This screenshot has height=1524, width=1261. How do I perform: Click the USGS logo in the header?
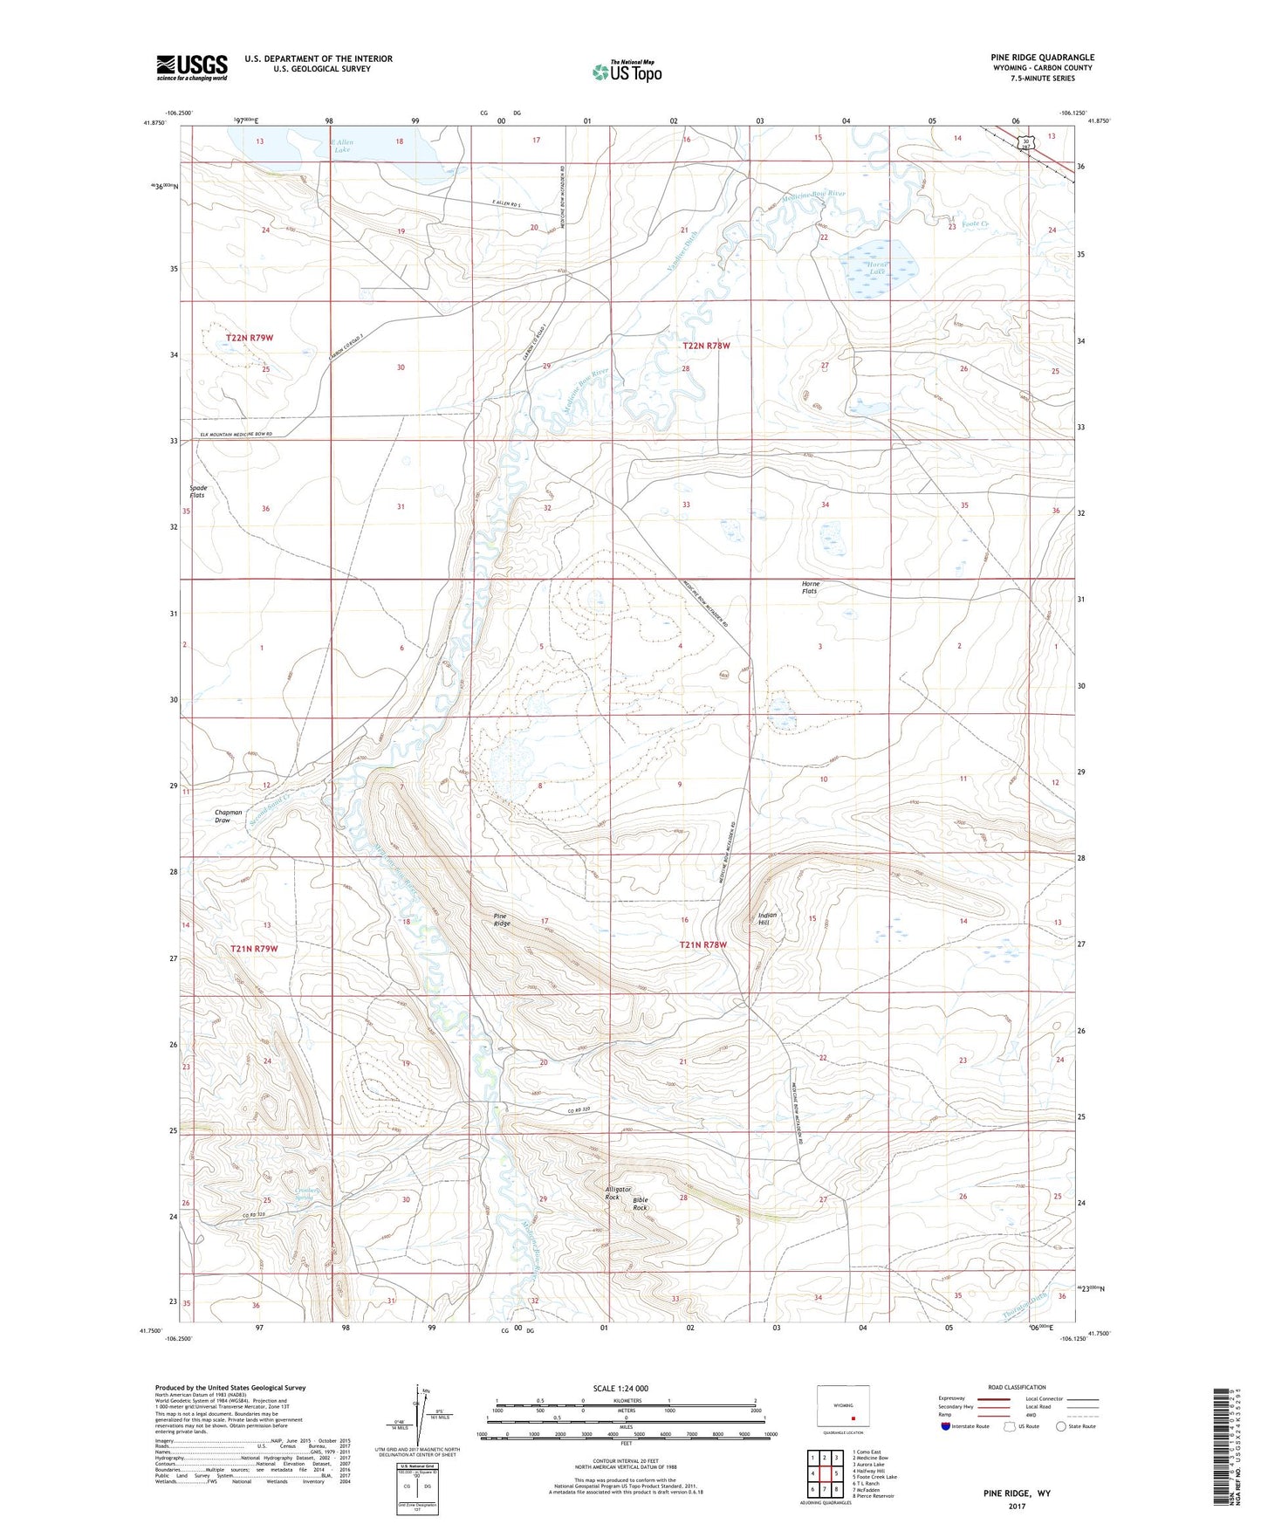tap(192, 66)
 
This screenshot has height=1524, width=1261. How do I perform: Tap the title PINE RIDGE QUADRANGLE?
tap(1036, 58)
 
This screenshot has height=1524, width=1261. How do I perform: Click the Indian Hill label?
tap(767, 918)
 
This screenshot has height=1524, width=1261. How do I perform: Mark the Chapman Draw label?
tap(229, 816)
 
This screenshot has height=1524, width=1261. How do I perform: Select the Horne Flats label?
tap(810, 587)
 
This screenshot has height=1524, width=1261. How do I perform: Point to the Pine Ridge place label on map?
tap(502, 919)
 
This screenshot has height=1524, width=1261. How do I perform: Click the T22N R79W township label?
tap(256, 337)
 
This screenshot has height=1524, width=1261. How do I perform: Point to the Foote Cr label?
tap(973, 224)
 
